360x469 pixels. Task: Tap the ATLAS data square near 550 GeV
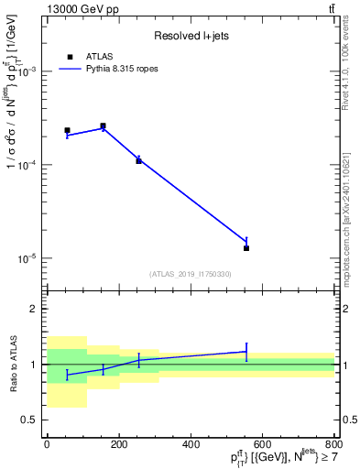pyautogui.click(x=246, y=248)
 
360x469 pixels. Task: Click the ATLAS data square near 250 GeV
pyautogui.click(x=138, y=160)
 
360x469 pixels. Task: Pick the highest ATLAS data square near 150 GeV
pyautogui.click(x=103, y=125)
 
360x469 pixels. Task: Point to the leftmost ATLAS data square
pyautogui.click(x=67, y=130)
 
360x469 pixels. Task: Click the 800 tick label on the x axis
pyautogui.click(x=333, y=444)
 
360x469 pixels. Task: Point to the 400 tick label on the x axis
pyautogui.click(x=191, y=444)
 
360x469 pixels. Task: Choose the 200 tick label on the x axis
pyautogui.click(x=119, y=444)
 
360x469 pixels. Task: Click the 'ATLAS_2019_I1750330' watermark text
pyautogui.click(x=191, y=274)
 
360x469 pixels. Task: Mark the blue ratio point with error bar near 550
pyautogui.click(x=246, y=351)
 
